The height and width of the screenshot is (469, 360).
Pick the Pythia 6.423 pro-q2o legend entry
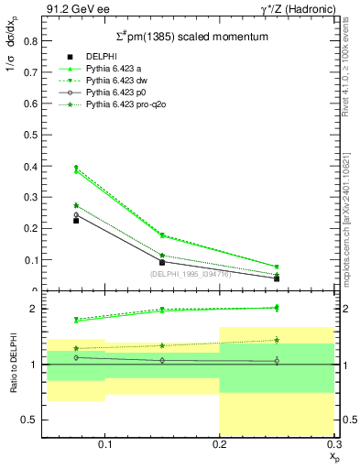click(124, 104)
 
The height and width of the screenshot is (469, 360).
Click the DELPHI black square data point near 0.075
click(76, 221)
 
